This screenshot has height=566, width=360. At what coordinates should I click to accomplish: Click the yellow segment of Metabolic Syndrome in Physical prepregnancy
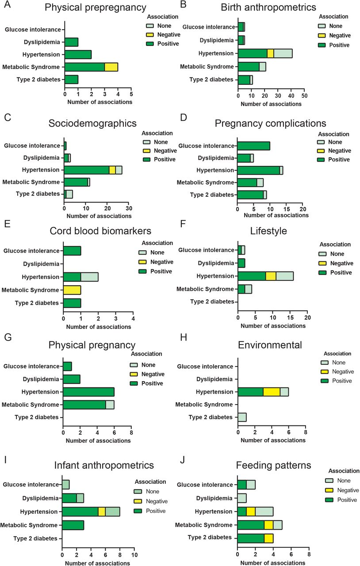click(x=111, y=67)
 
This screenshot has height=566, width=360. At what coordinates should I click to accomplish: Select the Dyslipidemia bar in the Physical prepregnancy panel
click(x=72, y=42)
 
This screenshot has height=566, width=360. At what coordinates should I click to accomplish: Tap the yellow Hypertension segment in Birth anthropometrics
click(x=271, y=54)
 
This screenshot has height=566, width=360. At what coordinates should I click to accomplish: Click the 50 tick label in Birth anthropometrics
click(x=304, y=96)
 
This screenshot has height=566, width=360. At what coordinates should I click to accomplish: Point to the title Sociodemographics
click(x=92, y=123)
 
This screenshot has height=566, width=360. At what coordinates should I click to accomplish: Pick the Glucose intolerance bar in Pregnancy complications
click(x=253, y=146)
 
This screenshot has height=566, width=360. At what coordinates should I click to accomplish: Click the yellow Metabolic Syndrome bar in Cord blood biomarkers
click(x=72, y=290)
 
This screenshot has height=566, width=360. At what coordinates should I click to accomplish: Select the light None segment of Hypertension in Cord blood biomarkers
click(x=89, y=277)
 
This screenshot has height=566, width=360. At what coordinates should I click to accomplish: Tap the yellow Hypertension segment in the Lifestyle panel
click(x=271, y=276)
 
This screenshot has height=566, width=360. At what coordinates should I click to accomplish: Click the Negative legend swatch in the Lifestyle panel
click(x=322, y=263)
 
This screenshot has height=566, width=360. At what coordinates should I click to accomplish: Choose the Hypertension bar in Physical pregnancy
click(x=89, y=392)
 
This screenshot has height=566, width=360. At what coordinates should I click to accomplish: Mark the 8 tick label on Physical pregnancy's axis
click(x=131, y=432)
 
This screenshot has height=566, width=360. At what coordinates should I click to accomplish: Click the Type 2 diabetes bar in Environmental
click(x=242, y=417)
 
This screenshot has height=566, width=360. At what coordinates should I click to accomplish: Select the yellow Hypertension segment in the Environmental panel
click(x=272, y=392)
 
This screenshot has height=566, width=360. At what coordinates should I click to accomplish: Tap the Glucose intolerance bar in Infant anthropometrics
click(x=66, y=485)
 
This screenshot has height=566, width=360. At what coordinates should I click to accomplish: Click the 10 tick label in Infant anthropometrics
click(x=134, y=555)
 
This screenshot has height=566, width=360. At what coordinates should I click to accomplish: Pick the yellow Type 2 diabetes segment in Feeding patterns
click(x=268, y=538)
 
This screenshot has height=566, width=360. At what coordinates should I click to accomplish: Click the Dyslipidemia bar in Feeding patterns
click(x=242, y=498)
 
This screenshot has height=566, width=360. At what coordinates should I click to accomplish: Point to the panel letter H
click(x=184, y=337)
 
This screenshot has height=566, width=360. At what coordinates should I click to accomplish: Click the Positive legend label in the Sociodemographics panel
click(x=165, y=160)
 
